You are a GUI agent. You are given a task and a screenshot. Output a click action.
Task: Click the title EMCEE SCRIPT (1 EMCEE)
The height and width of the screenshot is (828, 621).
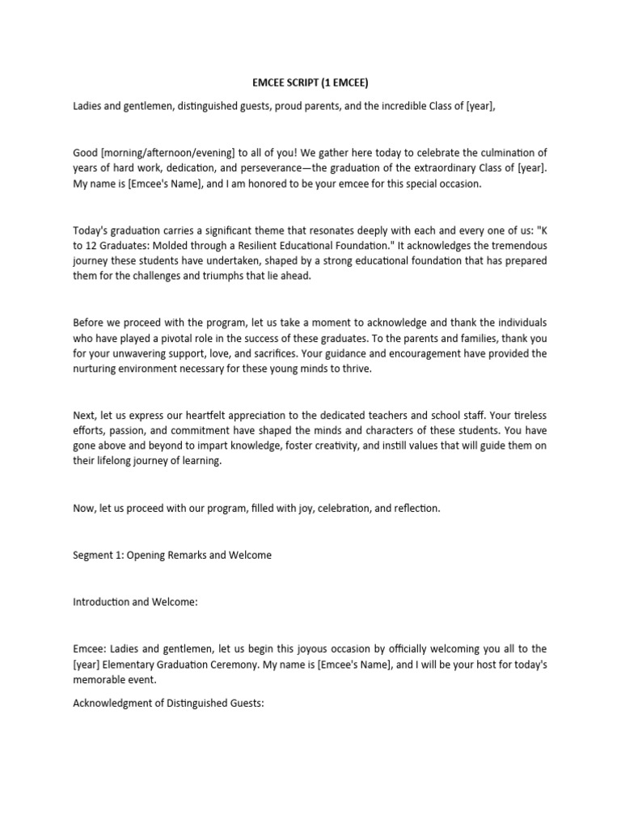[x=311, y=82]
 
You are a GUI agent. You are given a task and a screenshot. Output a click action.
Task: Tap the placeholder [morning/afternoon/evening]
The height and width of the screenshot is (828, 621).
[x=166, y=153]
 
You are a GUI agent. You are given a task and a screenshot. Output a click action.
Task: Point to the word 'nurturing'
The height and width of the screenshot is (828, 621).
[x=95, y=368]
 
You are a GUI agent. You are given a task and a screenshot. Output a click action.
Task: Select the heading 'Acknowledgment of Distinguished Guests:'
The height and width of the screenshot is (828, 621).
[x=168, y=703]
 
